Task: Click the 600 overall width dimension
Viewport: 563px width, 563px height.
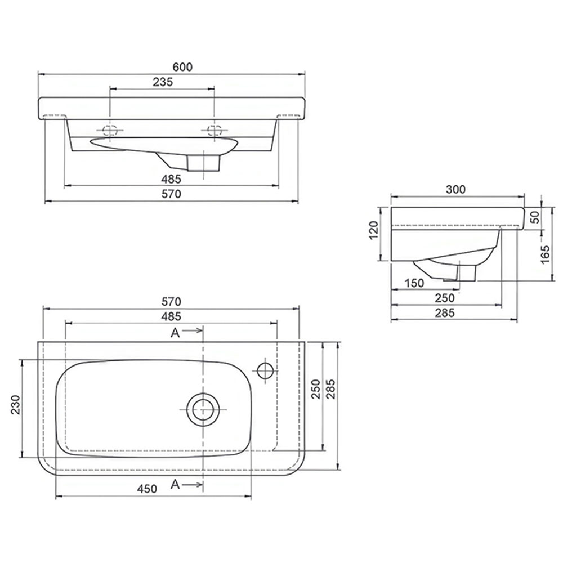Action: coord(182,67)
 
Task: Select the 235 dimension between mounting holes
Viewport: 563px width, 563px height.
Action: coord(163,82)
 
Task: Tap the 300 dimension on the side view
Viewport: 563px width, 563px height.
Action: coord(455,189)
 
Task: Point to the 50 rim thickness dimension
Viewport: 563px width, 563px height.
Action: coord(535,217)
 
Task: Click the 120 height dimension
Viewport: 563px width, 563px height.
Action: coord(373,230)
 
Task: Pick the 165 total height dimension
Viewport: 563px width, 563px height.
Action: coord(545,254)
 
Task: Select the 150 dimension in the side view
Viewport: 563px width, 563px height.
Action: coord(414,283)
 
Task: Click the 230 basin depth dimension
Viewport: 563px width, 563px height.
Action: coord(15,405)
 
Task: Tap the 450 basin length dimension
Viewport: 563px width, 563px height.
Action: coord(147,489)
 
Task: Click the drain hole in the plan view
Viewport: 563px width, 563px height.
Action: coord(203,409)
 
